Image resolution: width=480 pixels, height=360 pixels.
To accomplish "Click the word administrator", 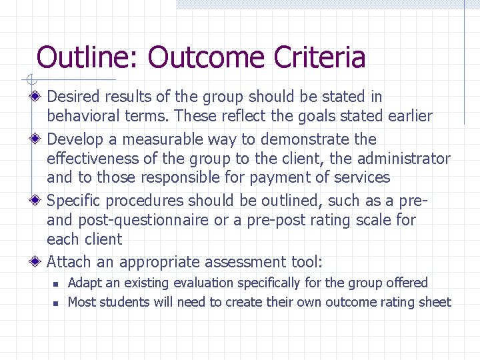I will pos(404,159).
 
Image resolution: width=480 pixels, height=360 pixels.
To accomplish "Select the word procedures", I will pos(142,201).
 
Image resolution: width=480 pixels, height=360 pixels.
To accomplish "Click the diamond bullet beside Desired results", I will pos(37,97).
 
